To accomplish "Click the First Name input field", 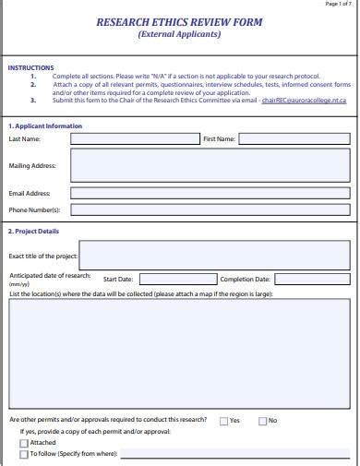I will click(294, 139).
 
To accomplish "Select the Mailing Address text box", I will click(210, 166).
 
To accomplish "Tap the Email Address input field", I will click(210, 194).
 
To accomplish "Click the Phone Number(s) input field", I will click(210, 209).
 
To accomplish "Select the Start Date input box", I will click(177, 279).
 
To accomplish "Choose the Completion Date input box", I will click(312, 279).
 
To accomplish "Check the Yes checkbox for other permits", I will click(224, 421).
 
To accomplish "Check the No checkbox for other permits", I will click(263, 421).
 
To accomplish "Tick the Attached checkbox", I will click(24, 443).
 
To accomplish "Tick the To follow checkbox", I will click(24, 454).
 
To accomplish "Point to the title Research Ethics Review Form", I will click(179, 22).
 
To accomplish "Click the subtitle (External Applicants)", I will click(179, 34).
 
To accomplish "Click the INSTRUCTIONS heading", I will click(30, 67).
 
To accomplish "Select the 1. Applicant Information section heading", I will click(44, 125).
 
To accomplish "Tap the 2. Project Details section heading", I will click(33, 232).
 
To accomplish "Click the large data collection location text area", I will click(179, 353).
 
